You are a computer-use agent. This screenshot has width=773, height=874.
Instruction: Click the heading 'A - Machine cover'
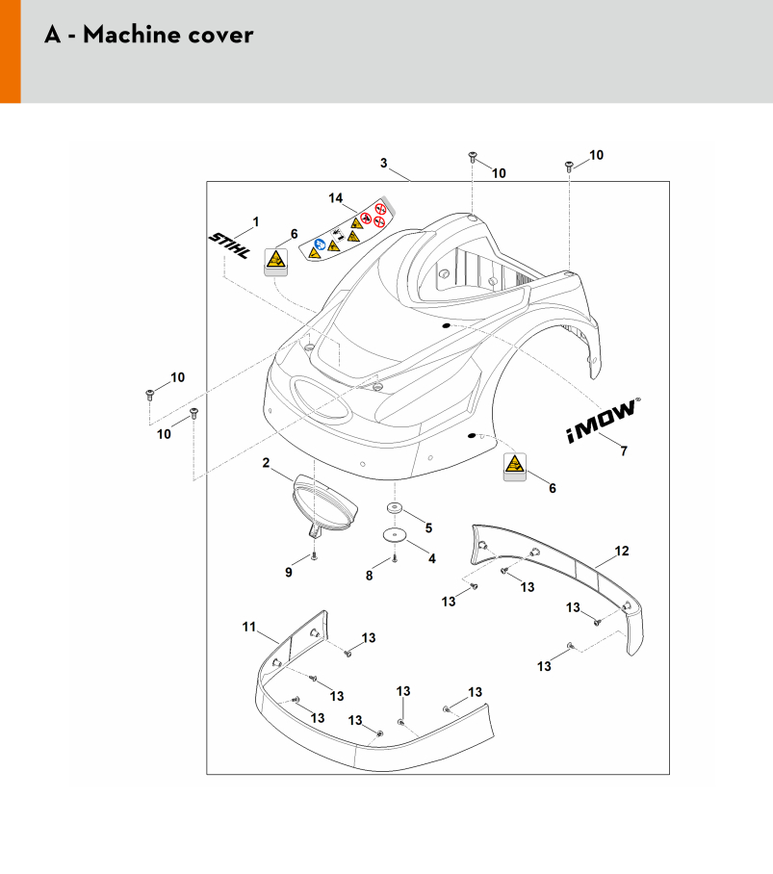[148, 36]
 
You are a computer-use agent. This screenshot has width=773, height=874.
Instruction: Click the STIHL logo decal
[231, 246]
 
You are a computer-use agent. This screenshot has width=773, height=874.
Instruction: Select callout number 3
[383, 163]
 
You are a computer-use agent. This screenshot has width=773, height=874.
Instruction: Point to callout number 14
[336, 198]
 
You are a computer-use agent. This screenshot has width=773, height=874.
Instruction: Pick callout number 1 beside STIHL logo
[256, 222]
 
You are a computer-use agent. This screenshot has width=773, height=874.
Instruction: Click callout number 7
[623, 450]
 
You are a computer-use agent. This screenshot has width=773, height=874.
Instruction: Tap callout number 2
[266, 464]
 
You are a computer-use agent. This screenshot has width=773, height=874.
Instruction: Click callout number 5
[429, 527]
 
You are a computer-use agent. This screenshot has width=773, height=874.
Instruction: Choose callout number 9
[288, 573]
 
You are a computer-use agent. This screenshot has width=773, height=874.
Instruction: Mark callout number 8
[369, 576]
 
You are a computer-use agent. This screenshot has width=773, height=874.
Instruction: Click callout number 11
[248, 628]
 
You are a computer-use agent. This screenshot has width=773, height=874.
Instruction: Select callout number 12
[622, 551]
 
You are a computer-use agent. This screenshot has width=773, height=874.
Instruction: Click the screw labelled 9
[314, 556]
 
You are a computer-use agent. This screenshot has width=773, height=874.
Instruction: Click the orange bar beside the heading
[10, 51]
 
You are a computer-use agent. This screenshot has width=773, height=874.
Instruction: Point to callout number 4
[430, 558]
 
